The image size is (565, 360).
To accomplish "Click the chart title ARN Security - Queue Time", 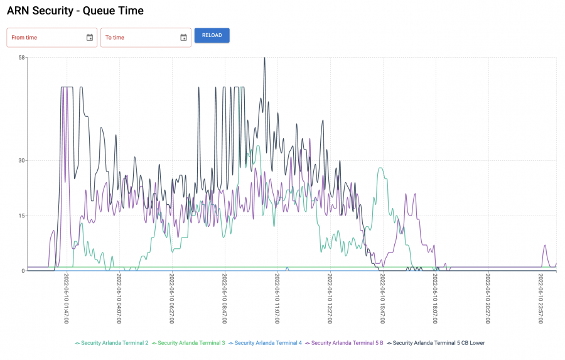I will click(75, 11).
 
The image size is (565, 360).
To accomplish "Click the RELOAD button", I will click(212, 35).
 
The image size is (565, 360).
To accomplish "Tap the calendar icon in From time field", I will click(90, 38).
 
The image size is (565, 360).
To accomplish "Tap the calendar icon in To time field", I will click(183, 38).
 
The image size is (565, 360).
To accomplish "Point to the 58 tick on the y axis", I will click(21, 58).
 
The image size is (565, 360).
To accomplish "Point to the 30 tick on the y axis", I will click(21, 160).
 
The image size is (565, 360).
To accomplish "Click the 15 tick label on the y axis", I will click(21, 215).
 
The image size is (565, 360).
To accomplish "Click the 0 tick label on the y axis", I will click(23, 271).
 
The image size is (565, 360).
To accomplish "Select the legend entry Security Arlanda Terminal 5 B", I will click(347, 343).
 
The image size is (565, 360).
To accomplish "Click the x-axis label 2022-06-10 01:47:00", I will click(66, 299).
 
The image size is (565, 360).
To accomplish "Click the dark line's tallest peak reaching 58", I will click(264, 58).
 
